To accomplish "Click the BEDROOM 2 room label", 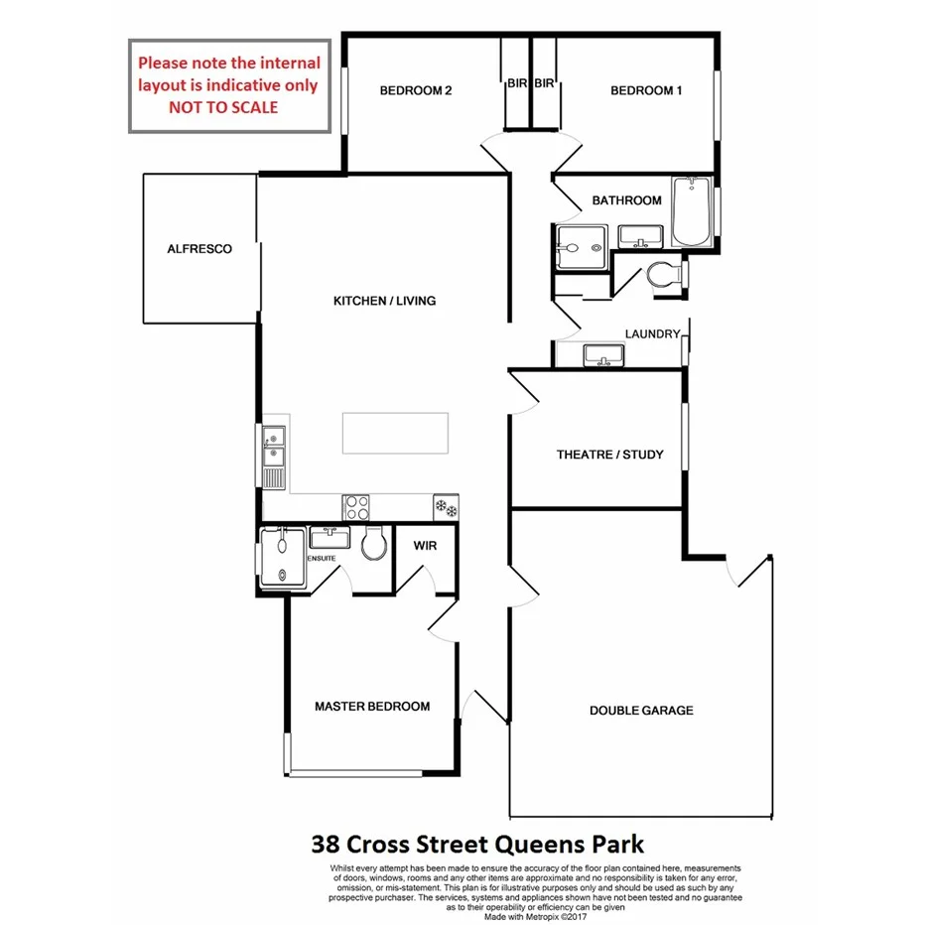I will [x=416, y=91].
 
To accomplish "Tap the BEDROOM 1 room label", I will [x=646, y=91].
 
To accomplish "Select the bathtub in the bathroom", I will [x=691, y=211].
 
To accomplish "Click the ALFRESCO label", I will [x=199, y=249].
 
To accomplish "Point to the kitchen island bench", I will [x=395, y=433].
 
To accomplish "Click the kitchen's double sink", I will [x=273, y=446].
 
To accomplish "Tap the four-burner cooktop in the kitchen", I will [x=355, y=507].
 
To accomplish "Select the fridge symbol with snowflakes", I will [x=446, y=507].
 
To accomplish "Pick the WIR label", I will [x=425, y=546].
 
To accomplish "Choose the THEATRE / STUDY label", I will [x=609, y=456].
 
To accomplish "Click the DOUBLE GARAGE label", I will [x=641, y=711].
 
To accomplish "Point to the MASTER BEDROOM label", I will [x=372, y=707].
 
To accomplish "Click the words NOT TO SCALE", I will [x=223, y=107].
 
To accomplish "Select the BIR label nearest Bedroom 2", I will [x=516, y=84].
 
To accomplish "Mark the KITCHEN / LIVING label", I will [x=384, y=301].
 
